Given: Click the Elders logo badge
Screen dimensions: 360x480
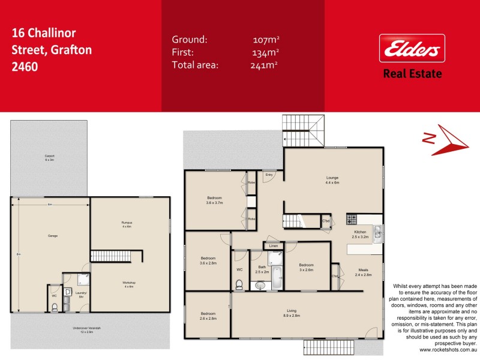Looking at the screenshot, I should [x=412, y=49].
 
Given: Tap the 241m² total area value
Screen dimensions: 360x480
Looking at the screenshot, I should [x=265, y=65].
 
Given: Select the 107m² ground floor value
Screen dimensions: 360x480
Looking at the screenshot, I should [x=266, y=40].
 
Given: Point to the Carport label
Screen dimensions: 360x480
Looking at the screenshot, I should [x=49, y=158].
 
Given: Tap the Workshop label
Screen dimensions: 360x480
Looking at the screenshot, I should [x=129, y=284].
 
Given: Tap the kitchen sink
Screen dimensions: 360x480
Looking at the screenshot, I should [x=377, y=232].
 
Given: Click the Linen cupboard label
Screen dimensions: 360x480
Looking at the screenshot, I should [x=273, y=246].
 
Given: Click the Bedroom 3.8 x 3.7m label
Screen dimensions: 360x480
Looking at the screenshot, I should [x=215, y=200].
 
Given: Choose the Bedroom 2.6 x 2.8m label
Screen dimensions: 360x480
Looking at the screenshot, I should [x=208, y=316].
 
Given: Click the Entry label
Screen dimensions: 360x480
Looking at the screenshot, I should [x=269, y=175].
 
